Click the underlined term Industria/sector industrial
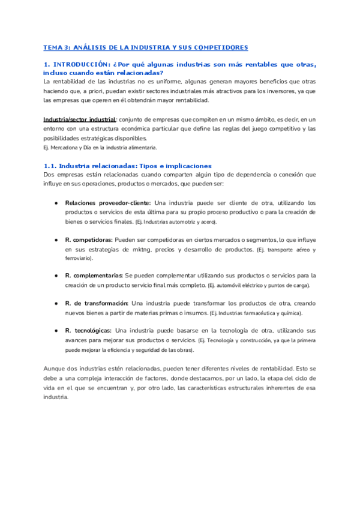coord(79,120)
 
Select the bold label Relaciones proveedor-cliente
coord(108,203)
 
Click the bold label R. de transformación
coord(96,303)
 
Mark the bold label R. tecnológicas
coord(88,331)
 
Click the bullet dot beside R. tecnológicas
coord(56,331)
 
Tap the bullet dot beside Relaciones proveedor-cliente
coord(56,203)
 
